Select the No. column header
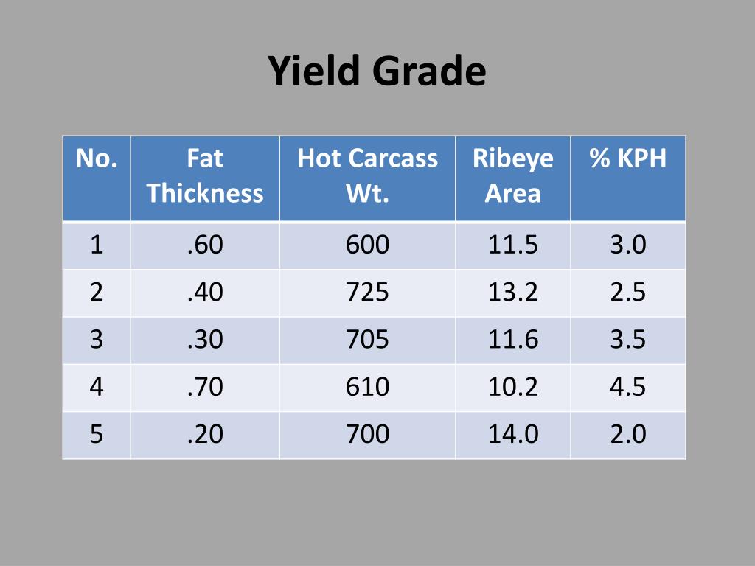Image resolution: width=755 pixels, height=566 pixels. [x=97, y=158]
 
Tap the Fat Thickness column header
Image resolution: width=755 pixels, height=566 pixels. [x=205, y=176]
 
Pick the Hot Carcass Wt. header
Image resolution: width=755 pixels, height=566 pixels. [x=367, y=176]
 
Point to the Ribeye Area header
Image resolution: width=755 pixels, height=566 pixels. [x=512, y=176]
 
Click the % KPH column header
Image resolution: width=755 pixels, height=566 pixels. [x=627, y=158]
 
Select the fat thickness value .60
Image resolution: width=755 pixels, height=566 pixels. [x=205, y=245]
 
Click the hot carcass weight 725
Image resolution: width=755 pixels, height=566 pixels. [x=367, y=293]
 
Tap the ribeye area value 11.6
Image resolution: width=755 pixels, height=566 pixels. [x=512, y=340]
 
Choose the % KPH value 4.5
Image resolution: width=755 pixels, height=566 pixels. [x=627, y=387]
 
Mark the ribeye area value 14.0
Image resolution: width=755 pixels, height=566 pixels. [x=512, y=434]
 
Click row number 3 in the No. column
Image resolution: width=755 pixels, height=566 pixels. [x=97, y=340]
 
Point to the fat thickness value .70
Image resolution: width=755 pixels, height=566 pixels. [x=205, y=387]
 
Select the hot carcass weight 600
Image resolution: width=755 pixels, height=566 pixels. [x=367, y=245]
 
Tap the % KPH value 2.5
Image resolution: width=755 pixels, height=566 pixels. [x=627, y=293]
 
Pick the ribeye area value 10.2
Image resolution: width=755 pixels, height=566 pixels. [x=512, y=387]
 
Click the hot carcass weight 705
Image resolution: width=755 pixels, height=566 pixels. [x=367, y=340]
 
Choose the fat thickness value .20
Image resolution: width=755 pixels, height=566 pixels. [x=205, y=434]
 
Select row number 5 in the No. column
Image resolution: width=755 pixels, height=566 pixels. [x=97, y=434]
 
